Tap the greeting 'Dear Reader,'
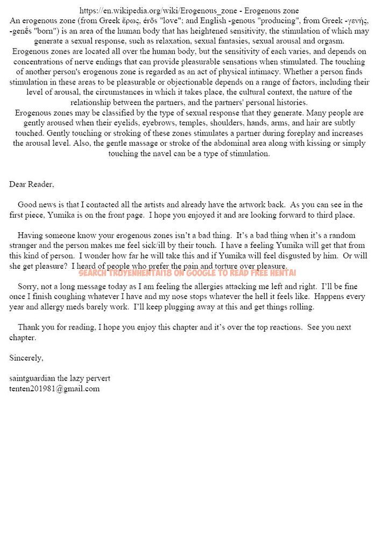(x=32, y=184)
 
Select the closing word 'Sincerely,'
(x=26, y=357)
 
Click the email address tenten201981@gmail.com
(x=54, y=389)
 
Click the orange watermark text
(x=187, y=273)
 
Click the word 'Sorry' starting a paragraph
(x=28, y=286)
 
